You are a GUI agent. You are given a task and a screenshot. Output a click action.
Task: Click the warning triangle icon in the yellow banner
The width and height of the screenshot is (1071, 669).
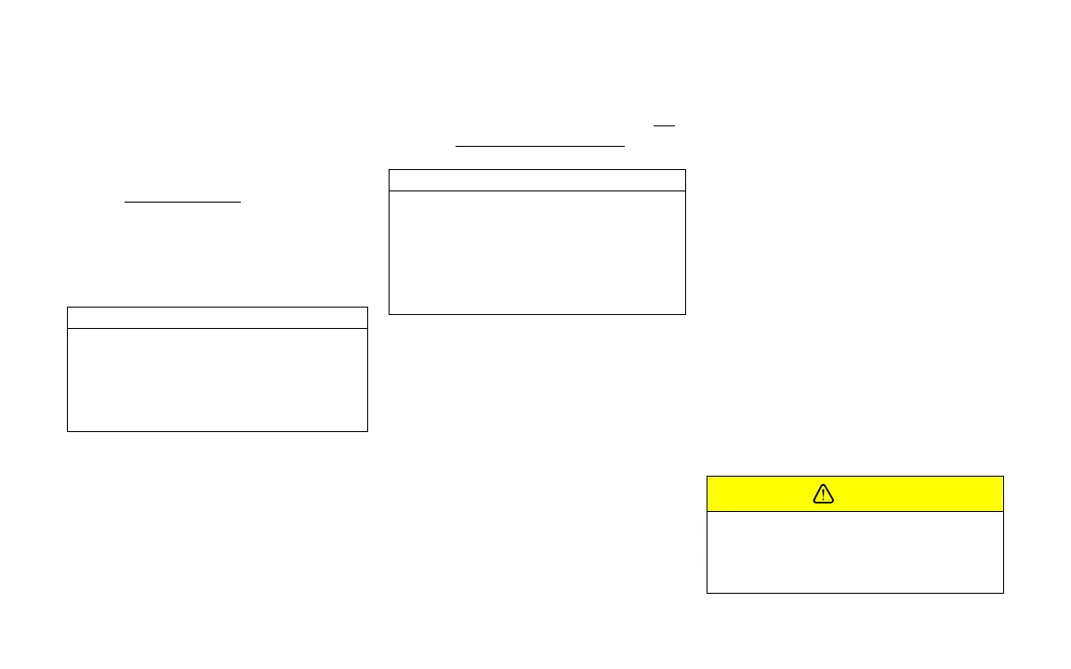(x=824, y=494)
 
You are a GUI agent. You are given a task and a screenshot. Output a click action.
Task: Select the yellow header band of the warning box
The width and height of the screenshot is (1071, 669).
(x=911, y=494)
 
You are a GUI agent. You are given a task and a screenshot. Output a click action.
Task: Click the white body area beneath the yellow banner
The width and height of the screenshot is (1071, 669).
(x=855, y=552)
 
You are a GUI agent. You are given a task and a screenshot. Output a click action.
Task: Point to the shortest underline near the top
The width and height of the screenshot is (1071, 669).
(x=664, y=125)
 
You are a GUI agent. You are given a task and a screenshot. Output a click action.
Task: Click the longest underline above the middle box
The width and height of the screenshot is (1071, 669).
(x=540, y=146)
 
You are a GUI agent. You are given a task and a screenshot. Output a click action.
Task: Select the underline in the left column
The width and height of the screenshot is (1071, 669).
(x=182, y=201)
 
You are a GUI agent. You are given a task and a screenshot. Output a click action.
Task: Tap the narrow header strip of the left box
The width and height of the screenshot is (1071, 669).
(x=218, y=318)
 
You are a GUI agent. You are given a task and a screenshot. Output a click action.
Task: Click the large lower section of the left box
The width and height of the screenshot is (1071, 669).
(x=218, y=379)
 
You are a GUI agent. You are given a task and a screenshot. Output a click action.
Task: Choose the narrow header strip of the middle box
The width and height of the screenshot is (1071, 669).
(x=536, y=180)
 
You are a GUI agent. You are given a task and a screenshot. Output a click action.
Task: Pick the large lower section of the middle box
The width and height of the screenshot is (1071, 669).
(x=536, y=252)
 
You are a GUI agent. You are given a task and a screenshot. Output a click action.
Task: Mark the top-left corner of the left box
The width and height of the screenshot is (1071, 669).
(x=68, y=308)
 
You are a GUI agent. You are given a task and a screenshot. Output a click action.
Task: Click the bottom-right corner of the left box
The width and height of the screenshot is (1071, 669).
(x=367, y=431)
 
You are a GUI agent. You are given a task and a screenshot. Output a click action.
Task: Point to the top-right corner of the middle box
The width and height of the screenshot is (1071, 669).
(x=685, y=170)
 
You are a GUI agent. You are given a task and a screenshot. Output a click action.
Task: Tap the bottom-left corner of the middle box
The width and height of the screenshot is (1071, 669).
(x=389, y=314)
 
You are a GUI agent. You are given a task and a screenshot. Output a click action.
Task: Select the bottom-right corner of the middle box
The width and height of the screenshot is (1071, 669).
(x=685, y=314)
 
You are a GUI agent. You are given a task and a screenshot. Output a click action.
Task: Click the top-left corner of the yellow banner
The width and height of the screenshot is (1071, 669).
(x=707, y=477)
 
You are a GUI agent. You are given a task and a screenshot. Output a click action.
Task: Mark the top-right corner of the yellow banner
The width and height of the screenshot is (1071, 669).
(x=1003, y=477)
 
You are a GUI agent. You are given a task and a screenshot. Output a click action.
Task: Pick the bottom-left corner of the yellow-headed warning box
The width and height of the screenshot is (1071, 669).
(x=707, y=592)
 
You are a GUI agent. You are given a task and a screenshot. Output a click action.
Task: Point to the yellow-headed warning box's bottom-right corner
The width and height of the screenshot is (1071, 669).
(x=1003, y=592)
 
